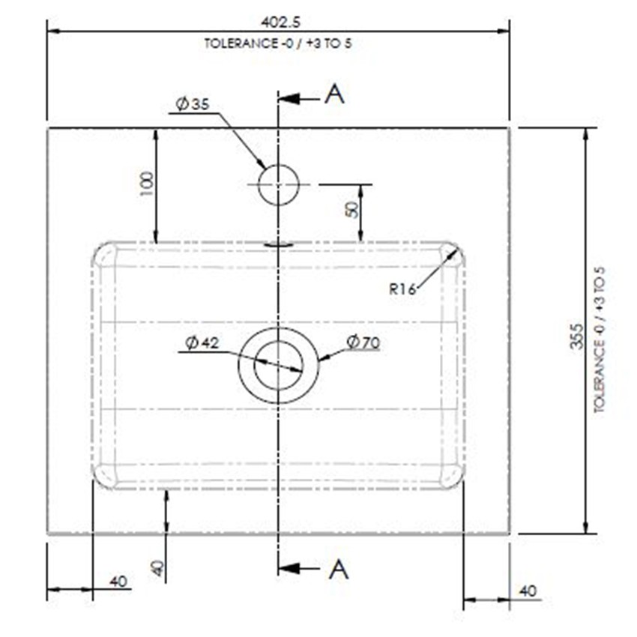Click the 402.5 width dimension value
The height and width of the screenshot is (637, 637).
tap(280, 22)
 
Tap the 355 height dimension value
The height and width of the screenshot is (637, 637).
tap(576, 336)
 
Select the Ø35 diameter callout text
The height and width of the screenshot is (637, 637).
tap(193, 104)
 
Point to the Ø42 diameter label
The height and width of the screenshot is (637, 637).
tap(202, 343)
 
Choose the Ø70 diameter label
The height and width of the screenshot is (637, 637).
tap(363, 342)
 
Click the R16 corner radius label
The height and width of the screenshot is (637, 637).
tap(402, 289)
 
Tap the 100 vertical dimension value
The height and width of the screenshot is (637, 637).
tap(147, 184)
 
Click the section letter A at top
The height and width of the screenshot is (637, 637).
tap(335, 94)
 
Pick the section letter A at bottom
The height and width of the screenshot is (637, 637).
tap(339, 569)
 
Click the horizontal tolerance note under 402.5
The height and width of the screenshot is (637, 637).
tap(278, 43)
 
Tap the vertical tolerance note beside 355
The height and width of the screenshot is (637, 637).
tap(600, 339)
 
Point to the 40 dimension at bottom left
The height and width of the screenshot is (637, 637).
tap(118, 582)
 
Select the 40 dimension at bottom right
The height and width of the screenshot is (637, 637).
tap(528, 591)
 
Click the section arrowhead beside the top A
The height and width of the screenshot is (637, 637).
tap(289, 99)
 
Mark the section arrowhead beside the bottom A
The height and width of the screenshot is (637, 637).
tap(289, 568)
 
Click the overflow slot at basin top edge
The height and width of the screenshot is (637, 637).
tap(279, 244)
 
